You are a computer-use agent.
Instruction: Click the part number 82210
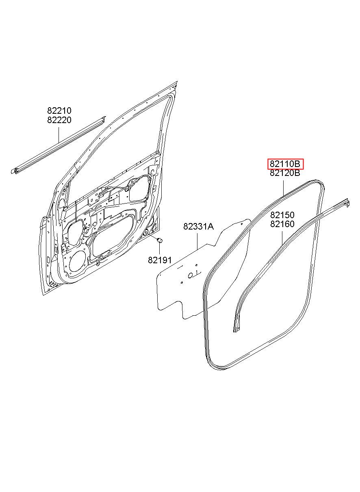point(59,111)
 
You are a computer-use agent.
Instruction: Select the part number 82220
point(59,120)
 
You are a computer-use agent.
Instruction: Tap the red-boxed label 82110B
point(285,164)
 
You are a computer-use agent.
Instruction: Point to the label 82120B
point(285,173)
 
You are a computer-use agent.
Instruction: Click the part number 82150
point(282,215)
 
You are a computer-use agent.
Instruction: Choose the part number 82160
point(282,224)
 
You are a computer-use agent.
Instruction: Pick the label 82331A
point(198,226)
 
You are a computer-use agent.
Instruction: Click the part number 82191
point(160,260)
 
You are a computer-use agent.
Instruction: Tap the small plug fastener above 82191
point(160,240)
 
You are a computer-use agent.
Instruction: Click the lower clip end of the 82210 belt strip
point(14,171)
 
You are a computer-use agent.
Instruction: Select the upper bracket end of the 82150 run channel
point(346,202)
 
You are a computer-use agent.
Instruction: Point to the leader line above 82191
point(160,249)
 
